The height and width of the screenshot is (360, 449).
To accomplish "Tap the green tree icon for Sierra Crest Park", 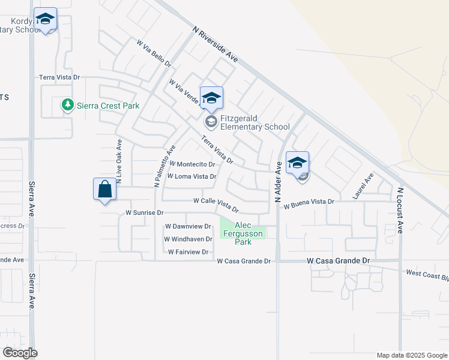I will (x=68, y=106).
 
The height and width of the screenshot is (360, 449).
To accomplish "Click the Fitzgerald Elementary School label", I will (x=255, y=122).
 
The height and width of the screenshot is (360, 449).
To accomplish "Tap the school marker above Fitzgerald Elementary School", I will (x=211, y=98).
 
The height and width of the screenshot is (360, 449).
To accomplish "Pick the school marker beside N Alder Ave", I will (x=298, y=163).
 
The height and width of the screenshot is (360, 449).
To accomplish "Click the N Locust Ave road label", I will (x=400, y=211).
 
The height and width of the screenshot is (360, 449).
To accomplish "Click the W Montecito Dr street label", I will (x=192, y=164).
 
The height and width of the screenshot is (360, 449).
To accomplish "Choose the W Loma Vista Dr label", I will (x=191, y=176).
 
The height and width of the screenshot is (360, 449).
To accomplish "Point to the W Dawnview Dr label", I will (x=188, y=226).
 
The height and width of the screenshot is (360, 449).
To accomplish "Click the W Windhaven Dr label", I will (x=188, y=239).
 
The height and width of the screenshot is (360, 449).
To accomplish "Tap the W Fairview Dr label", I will (x=188, y=252).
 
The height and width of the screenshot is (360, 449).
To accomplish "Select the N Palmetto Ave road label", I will (x=164, y=166).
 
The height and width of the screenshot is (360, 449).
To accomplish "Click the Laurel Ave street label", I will (x=364, y=186).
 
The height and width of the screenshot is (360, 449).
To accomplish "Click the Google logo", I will (x=19, y=353).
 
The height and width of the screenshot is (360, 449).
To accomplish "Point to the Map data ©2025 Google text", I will (x=411, y=355).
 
